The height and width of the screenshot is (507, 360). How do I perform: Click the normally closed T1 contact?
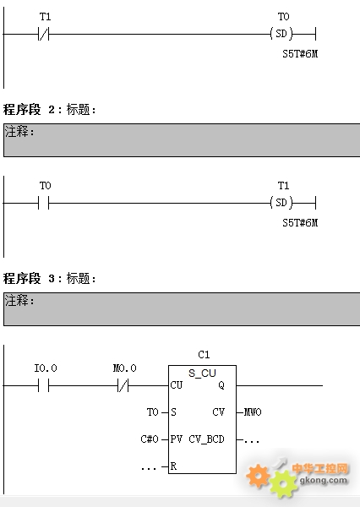coord(44,34)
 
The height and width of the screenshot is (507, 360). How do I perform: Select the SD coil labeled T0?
coord(281,34)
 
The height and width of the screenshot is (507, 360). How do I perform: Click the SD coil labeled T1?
coord(281,203)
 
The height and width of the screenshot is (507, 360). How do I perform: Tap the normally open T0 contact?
coord(44,203)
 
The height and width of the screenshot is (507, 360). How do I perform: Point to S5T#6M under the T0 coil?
coord(300,54)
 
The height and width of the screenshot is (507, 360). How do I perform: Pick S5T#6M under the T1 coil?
coord(300,223)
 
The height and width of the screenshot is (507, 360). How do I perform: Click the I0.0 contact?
coord(44,385)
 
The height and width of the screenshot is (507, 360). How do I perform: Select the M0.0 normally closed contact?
coord(123,385)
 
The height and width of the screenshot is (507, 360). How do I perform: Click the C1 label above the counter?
coord(204,355)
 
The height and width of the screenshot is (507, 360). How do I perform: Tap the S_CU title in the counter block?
coord(202,373)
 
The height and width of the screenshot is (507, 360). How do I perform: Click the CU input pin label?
coord(177,385)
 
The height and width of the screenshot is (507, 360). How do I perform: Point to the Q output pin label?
coord(221,385)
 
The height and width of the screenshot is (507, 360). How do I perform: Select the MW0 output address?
coord(253,412)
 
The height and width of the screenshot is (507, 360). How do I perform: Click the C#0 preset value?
coord(150,439)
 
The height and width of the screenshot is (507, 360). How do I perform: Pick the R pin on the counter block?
coord(174,466)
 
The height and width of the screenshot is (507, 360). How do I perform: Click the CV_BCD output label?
coord(206,439)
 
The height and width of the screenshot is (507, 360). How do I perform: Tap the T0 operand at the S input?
coord(153,412)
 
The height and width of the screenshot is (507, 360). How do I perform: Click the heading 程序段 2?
coord(29,110)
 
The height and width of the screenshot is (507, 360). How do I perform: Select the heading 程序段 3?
coord(29,278)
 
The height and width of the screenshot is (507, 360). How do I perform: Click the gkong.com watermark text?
coord(324,480)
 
